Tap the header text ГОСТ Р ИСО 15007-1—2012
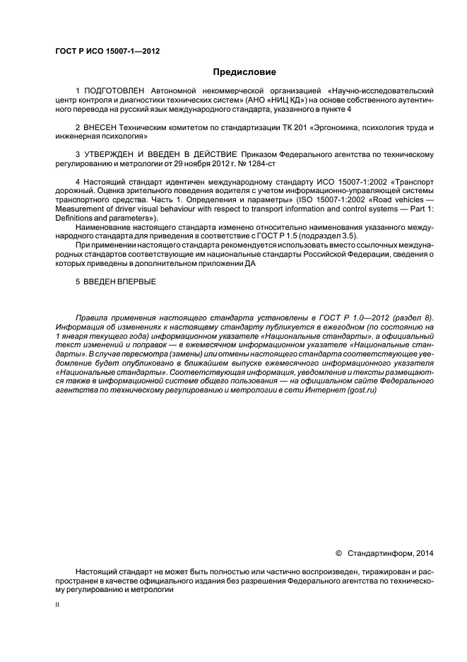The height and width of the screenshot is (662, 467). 103,50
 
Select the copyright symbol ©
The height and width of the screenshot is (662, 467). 338,552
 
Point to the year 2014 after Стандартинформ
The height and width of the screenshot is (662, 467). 421,552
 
